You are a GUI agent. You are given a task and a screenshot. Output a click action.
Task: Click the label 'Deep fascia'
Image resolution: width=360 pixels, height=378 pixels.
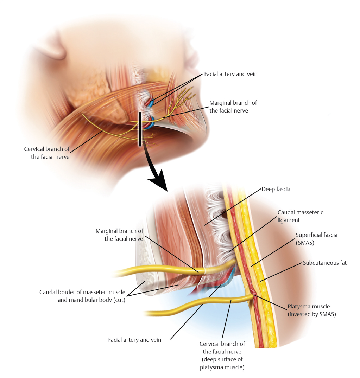(x=276, y=189)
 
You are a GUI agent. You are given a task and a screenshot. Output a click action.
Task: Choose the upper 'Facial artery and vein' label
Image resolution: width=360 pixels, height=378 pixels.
(x=231, y=75)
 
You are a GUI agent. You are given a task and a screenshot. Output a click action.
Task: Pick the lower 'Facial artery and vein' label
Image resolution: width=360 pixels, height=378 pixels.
(x=134, y=340)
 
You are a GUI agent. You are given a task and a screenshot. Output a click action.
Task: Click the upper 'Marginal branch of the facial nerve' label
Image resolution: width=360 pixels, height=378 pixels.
(x=233, y=107)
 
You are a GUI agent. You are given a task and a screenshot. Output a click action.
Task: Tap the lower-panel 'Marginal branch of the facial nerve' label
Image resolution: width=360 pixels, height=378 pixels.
(x=119, y=235)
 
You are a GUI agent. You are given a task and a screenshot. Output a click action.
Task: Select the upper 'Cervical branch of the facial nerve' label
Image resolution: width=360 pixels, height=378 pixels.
(x=47, y=153)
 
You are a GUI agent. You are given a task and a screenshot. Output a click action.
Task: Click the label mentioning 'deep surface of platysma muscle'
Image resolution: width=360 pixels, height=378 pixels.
(x=222, y=355)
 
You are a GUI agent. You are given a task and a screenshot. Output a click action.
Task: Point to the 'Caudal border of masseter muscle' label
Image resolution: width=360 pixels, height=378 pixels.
(x=82, y=296)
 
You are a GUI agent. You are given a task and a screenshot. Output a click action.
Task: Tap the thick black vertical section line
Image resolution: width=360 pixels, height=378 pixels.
(x=140, y=128)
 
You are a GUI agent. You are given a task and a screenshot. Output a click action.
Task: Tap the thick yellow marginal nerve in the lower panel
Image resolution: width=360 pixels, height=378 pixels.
(x=158, y=271)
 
